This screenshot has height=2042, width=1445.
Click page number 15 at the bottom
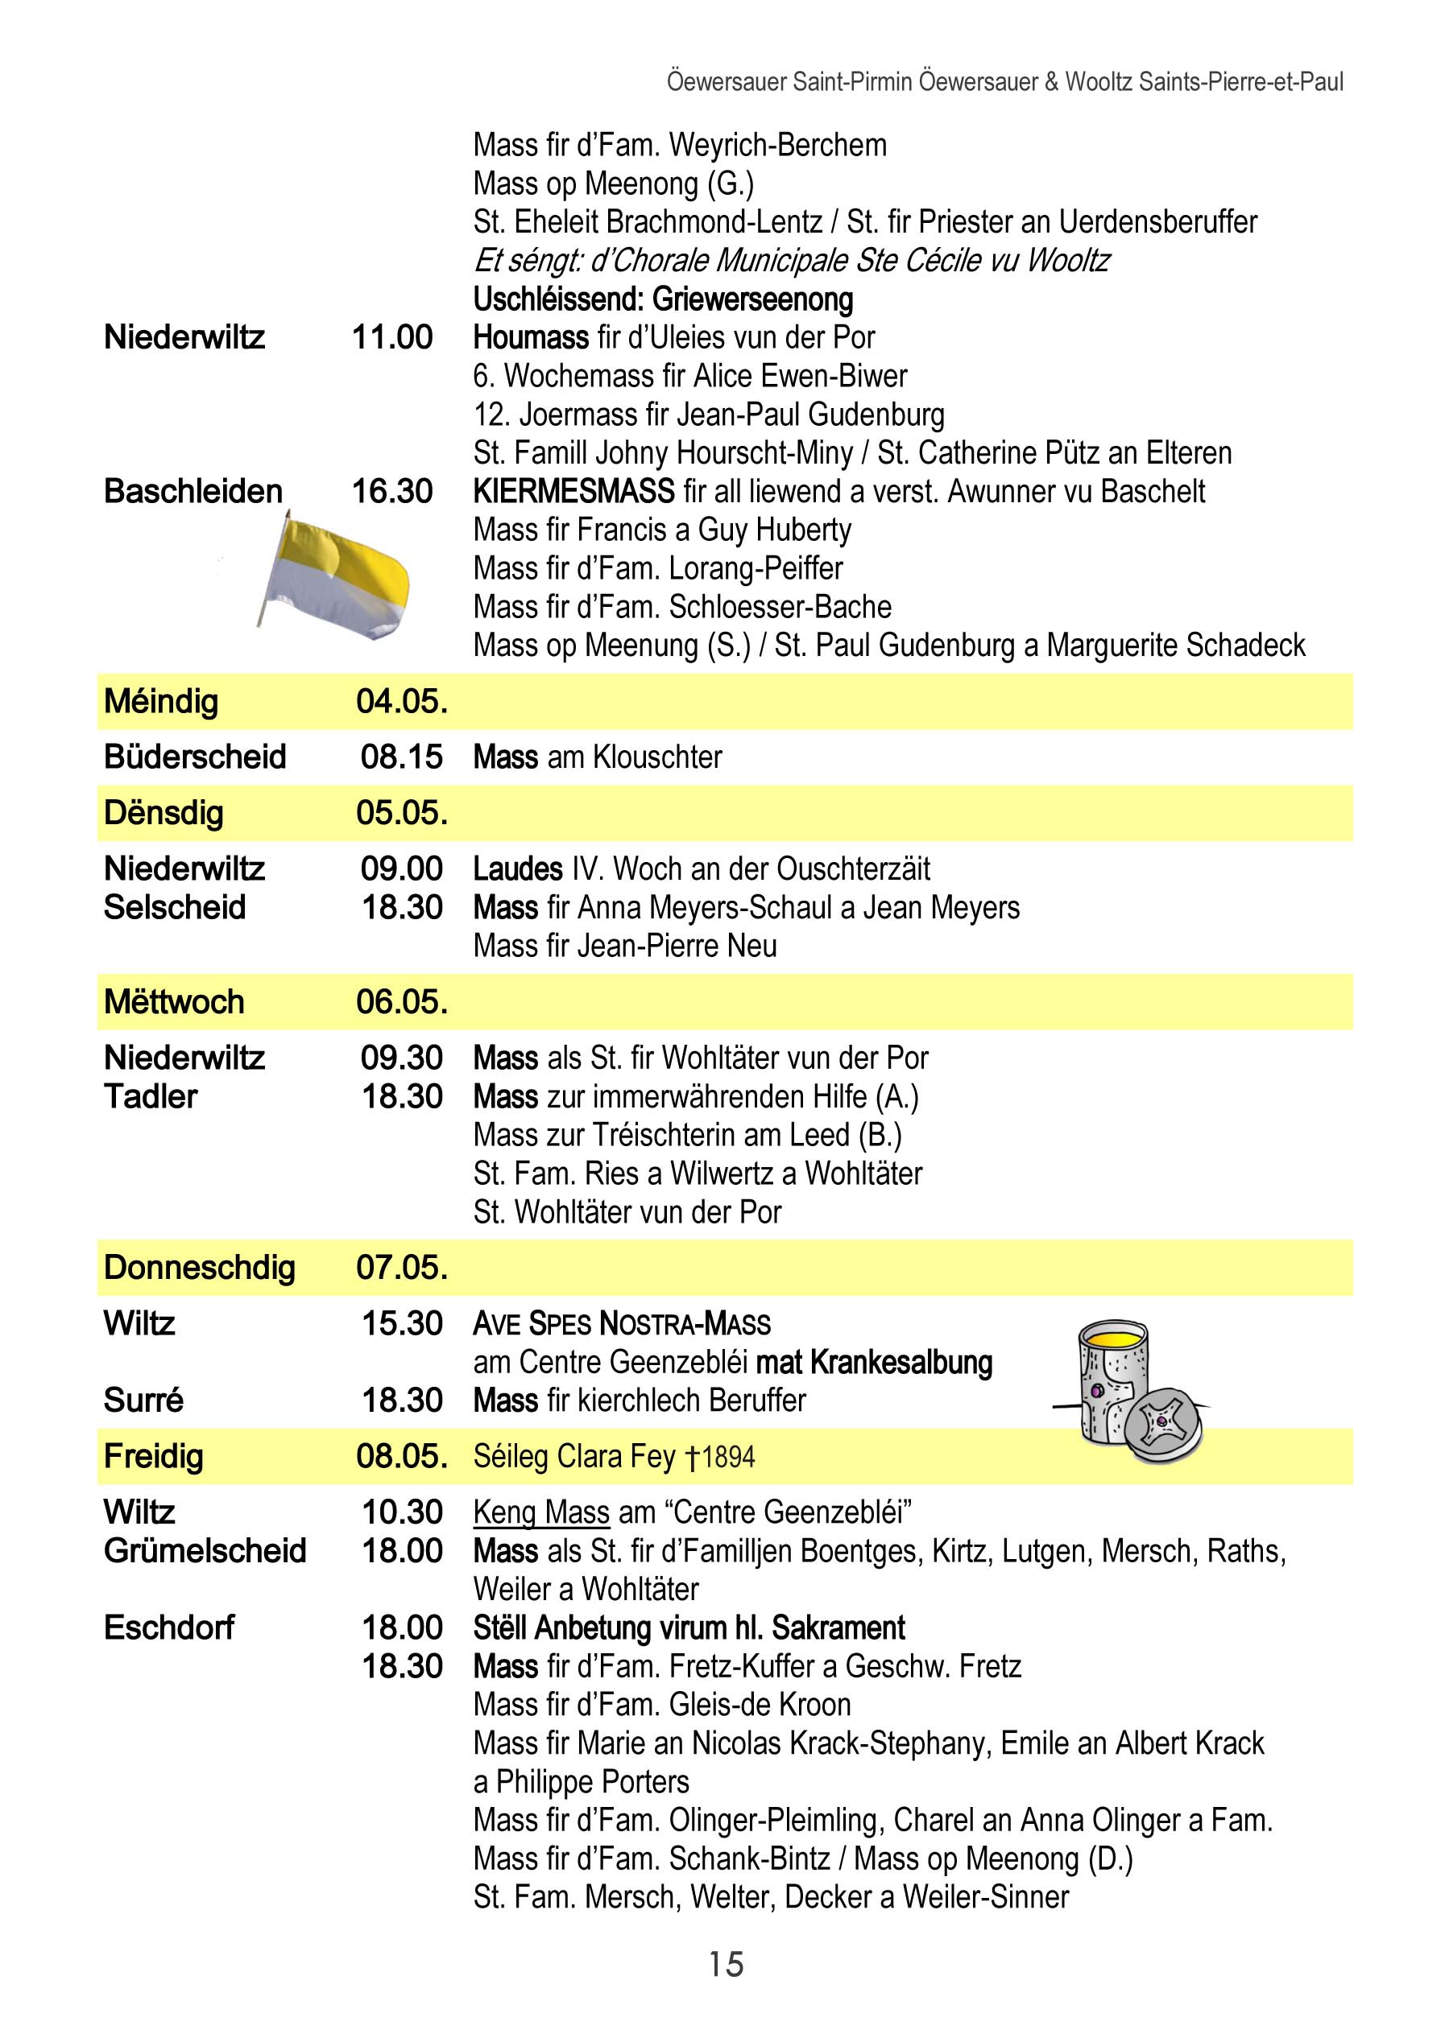726,1964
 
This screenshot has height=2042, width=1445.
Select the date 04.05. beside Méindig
401,702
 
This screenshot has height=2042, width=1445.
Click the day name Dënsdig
164,813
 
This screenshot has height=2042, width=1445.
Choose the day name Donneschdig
199,1268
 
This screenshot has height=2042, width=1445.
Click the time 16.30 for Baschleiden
392,491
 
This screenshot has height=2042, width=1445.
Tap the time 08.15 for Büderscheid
401,757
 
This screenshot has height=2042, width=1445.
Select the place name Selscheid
175,907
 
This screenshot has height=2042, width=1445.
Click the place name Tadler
151,1096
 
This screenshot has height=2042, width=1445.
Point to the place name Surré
143,1400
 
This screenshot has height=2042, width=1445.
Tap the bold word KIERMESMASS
574,491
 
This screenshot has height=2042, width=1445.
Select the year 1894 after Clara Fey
728,1457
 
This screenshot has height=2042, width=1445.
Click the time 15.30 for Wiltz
401,1323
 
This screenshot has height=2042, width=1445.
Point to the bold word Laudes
518,869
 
